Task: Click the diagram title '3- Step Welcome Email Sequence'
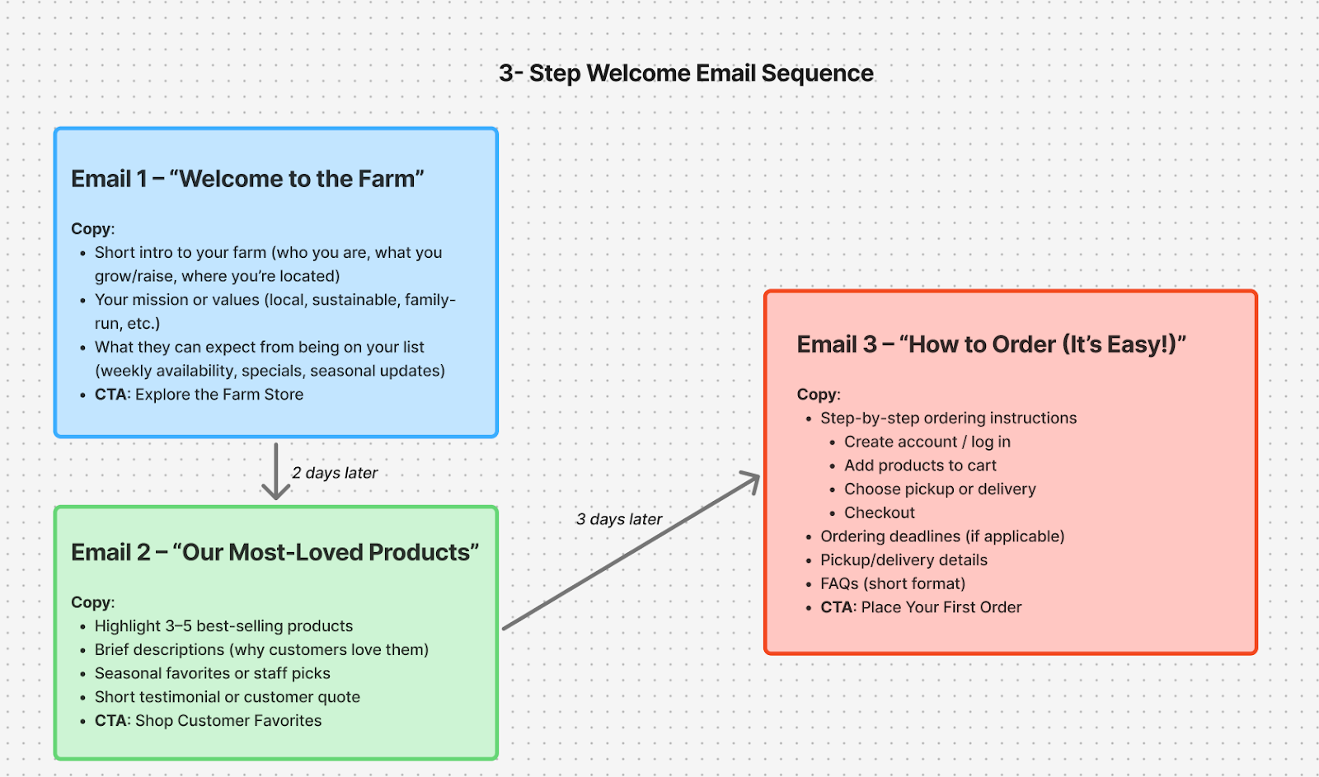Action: [x=686, y=73]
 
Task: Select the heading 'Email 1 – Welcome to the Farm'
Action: [x=247, y=179]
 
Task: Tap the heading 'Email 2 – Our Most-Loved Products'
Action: [x=275, y=552]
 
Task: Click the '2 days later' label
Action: [x=335, y=473]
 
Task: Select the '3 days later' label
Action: [x=619, y=519]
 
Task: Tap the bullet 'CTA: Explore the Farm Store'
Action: [x=199, y=395]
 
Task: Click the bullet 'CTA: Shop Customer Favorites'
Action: [x=208, y=721]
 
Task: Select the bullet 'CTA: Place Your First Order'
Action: [x=921, y=607]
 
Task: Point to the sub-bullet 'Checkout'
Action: [x=879, y=513]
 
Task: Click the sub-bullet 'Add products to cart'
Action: [x=920, y=466]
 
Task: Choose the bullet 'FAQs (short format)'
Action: [x=893, y=583]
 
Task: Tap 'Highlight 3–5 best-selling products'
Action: [x=223, y=626]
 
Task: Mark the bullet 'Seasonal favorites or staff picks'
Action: [x=212, y=673]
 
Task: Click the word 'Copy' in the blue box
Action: [x=92, y=229]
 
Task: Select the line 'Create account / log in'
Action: [x=927, y=442]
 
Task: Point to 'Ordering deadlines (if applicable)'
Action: [x=942, y=536]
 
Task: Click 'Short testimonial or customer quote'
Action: [x=227, y=697]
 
